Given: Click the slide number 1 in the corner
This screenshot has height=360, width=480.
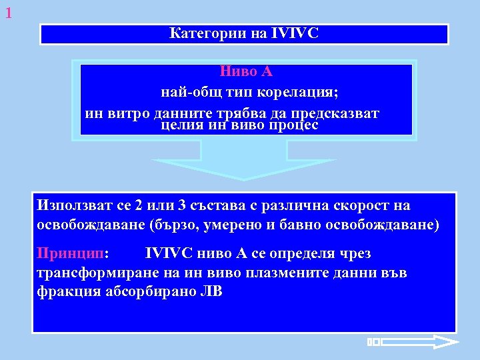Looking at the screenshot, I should tap(8, 12).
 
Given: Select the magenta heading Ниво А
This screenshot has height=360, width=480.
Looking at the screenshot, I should tap(246, 71).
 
